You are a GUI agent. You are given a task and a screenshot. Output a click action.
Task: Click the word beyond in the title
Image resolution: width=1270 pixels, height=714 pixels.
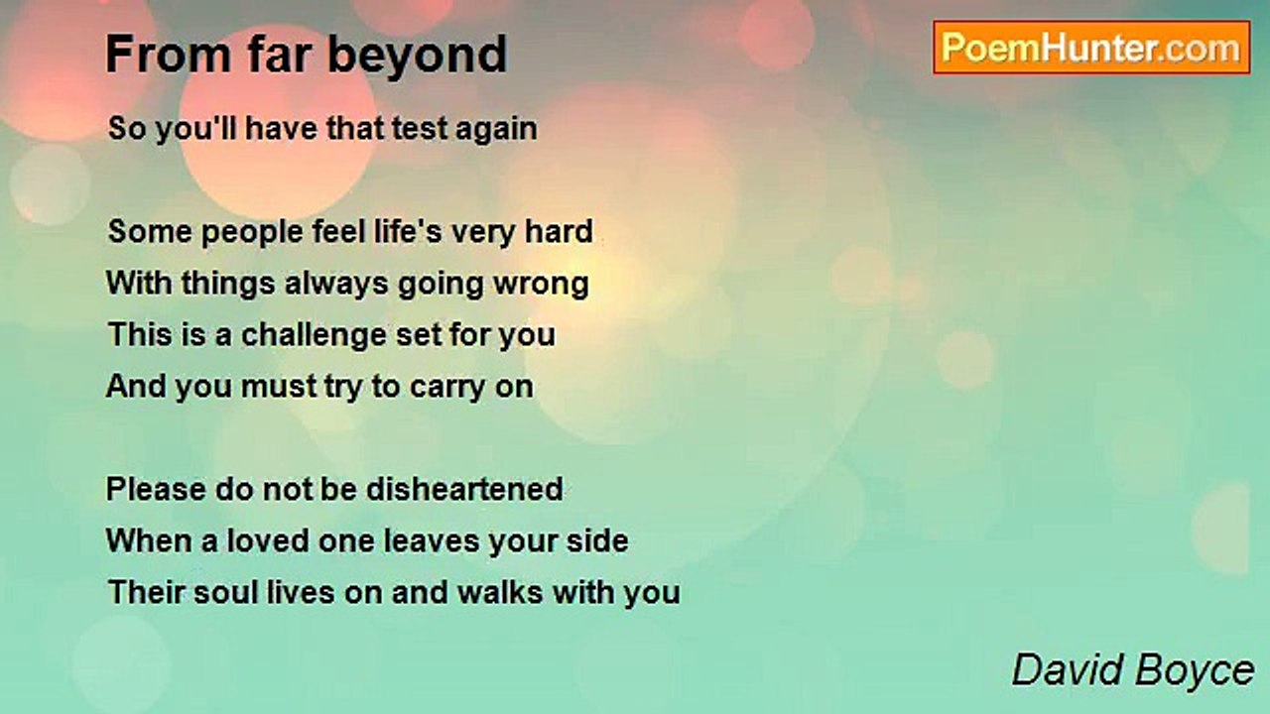coord(418,56)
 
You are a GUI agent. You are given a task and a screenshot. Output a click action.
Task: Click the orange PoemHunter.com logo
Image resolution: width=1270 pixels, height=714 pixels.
coord(1091,48)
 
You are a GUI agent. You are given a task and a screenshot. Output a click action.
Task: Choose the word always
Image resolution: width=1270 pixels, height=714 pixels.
coord(336,285)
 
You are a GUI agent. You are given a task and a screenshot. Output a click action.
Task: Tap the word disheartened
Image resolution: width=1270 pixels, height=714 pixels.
coord(465,489)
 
